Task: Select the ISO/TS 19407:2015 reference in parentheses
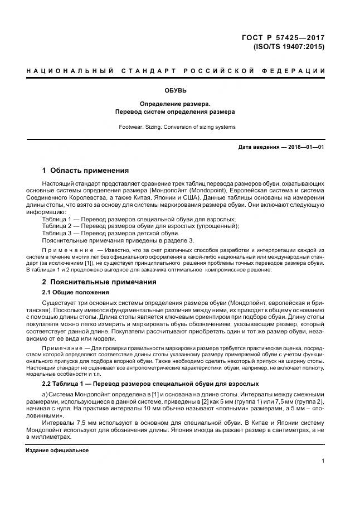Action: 289,47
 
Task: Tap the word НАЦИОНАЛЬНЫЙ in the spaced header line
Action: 67,71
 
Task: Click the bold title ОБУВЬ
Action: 175,90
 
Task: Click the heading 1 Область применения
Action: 85,170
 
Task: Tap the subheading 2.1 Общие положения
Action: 75,293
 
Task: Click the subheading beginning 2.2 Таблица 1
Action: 143,384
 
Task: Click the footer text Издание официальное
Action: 57,450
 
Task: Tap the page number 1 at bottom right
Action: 323,461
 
